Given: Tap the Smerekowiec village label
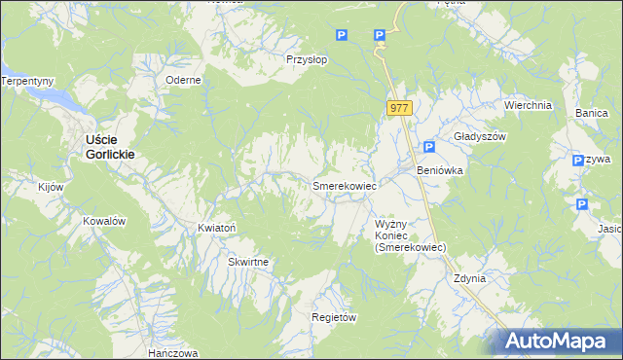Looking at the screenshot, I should (x=344, y=184).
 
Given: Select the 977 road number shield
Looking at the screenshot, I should (x=399, y=109).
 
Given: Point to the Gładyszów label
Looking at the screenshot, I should (x=481, y=137).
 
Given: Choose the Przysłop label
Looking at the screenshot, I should (x=306, y=58).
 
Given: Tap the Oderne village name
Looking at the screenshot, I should (x=183, y=81).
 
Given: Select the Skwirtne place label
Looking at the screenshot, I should (x=248, y=263).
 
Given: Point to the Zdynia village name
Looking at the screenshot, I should (x=469, y=278).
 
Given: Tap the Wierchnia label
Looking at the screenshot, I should (x=528, y=105).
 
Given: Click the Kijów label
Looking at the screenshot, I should (x=51, y=186).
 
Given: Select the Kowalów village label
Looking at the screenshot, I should (x=104, y=221).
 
